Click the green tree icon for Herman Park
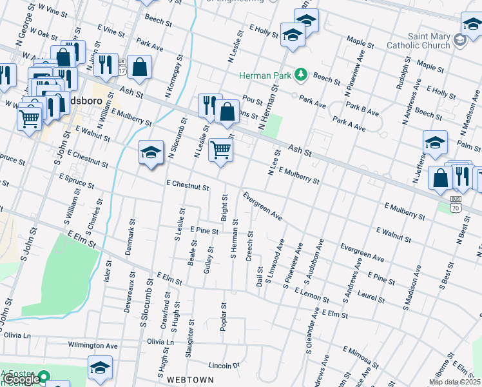[x=300, y=75]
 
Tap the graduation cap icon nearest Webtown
[x=100, y=368]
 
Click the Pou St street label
[x=253, y=101]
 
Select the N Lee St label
[x=273, y=163]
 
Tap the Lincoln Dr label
[x=223, y=366]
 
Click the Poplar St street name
[x=224, y=317]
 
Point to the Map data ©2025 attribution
[x=455, y=382]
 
